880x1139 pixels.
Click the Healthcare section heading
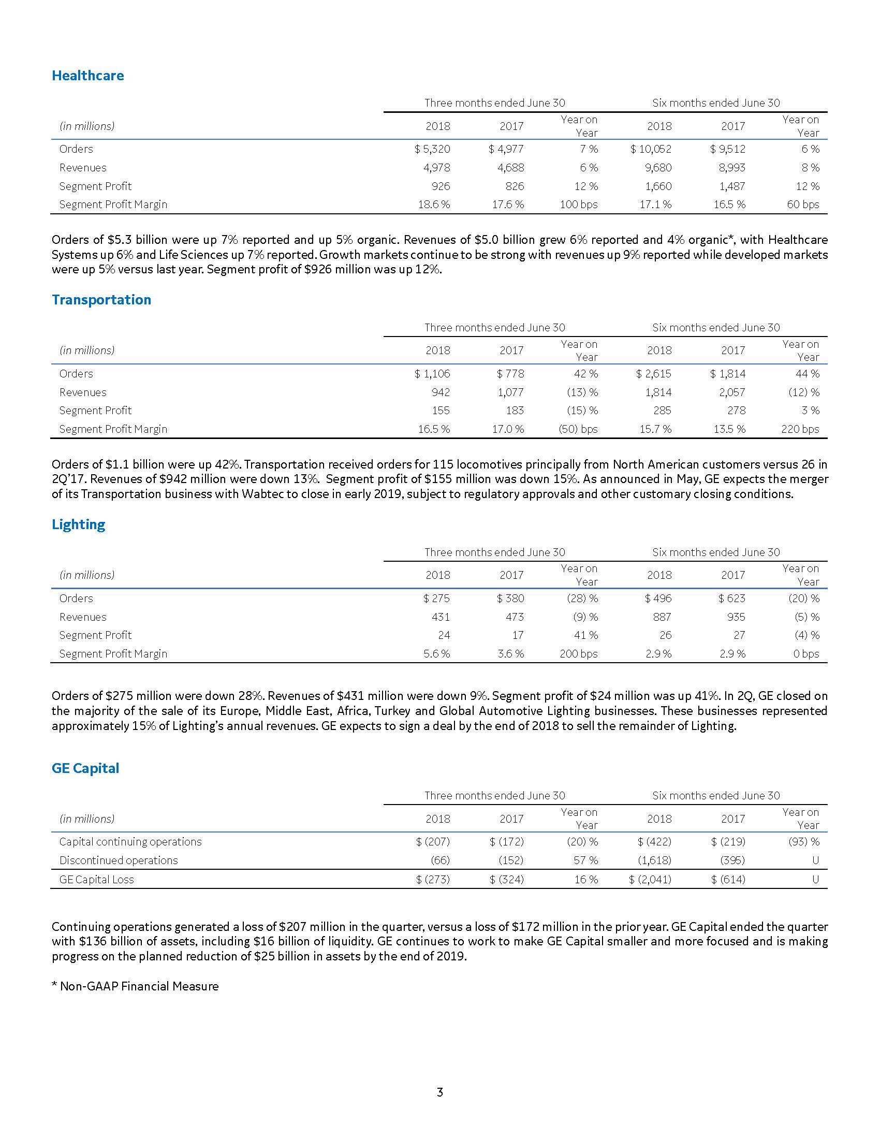coord(87,76)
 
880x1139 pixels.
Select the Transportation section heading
coord(101,300)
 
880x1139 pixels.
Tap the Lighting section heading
coord(78,524)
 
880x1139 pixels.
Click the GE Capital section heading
coord(85,768)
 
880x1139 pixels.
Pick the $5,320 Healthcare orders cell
coord(432,149)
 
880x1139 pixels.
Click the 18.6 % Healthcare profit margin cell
coord(434,205)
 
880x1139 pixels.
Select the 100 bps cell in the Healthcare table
coord(579,205)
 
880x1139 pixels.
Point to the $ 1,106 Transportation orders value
coord(432,374)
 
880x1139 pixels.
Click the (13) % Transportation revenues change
coord(582,392)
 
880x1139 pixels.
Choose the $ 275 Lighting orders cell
coord(436,598)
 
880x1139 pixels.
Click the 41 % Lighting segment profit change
coord(586,635)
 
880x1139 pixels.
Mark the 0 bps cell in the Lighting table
coord(806,654)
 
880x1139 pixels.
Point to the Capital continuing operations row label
coord(130,842)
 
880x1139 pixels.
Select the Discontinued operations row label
coord(119,860)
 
